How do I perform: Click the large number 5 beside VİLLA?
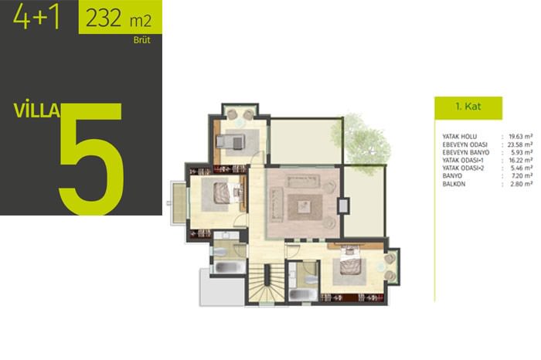(x=91, y=158)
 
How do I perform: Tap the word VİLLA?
(x=36, y=110)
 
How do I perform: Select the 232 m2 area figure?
(x=118, y=19)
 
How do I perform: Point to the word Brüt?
(x=141, y=40)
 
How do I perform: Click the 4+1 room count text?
(x=36, y=16)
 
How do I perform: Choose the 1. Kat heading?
(x=468, y=106)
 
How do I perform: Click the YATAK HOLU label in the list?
(x=459, y=137)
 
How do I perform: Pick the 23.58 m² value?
(x=519, y=144)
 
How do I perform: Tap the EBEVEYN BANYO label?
(x=466, y=152)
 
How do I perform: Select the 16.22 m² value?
(x=520, y=161)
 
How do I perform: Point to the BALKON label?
(x=454, y=184)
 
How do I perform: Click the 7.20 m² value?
(x=522, y=176)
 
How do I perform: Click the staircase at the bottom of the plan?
(x=267, y=284)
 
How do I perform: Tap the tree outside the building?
(x=362, y=141)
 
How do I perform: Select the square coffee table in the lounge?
(x=305, y=207)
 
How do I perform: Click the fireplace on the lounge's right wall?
(x=343, y=205)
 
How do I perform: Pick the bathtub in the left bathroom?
(x=230, y=267)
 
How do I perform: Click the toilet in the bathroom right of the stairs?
(x=311, y=280)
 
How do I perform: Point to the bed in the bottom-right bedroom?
(x=351, y=261)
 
